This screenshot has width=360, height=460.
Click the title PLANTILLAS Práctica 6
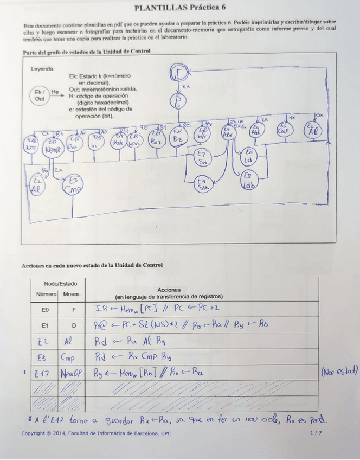tap(179, 8)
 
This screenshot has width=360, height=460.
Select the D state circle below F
tap(178, 103)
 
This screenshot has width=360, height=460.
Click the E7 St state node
tap(203, 157)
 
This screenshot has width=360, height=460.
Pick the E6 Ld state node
tap(249, 156)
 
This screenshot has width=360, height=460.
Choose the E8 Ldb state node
tap(248, 180)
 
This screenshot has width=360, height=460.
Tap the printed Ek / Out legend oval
tap(40, 95)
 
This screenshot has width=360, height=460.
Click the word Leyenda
tap(43, 69)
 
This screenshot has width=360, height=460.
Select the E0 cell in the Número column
tap(48, 310)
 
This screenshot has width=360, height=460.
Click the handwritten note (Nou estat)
tap(339, 372)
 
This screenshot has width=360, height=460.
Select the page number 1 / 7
tap(315, 433)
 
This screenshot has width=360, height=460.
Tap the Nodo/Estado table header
tap(60, 284)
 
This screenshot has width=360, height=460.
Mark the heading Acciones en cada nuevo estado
tap(92, 266)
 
